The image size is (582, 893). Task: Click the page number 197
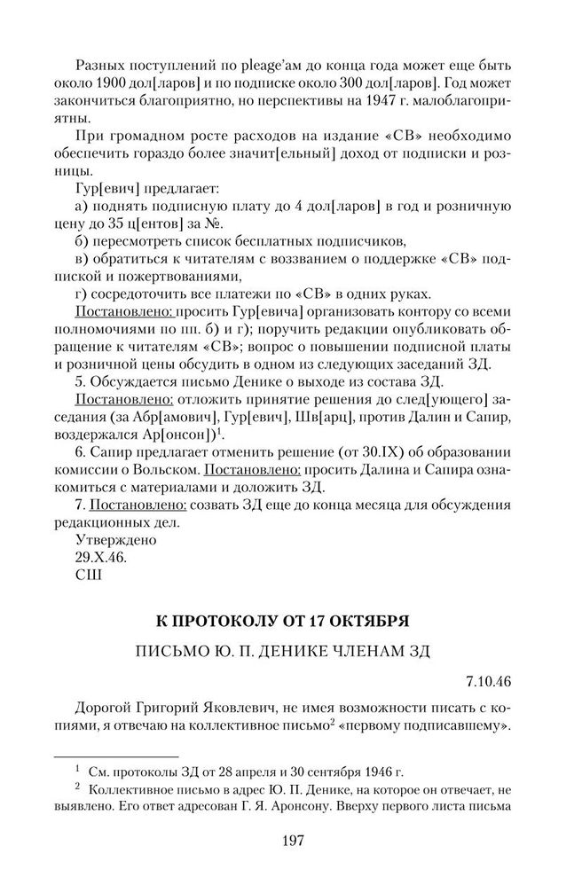291,840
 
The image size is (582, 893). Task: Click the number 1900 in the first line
143,86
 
